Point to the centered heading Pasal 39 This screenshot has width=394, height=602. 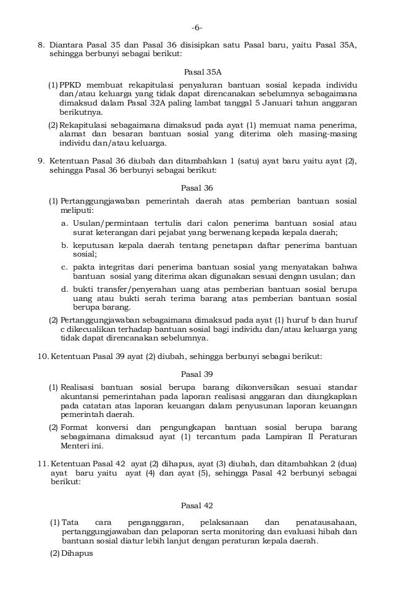click(196, 374)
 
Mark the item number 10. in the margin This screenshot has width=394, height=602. click(43, 357)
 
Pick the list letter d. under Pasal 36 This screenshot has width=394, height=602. click(64, 289)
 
